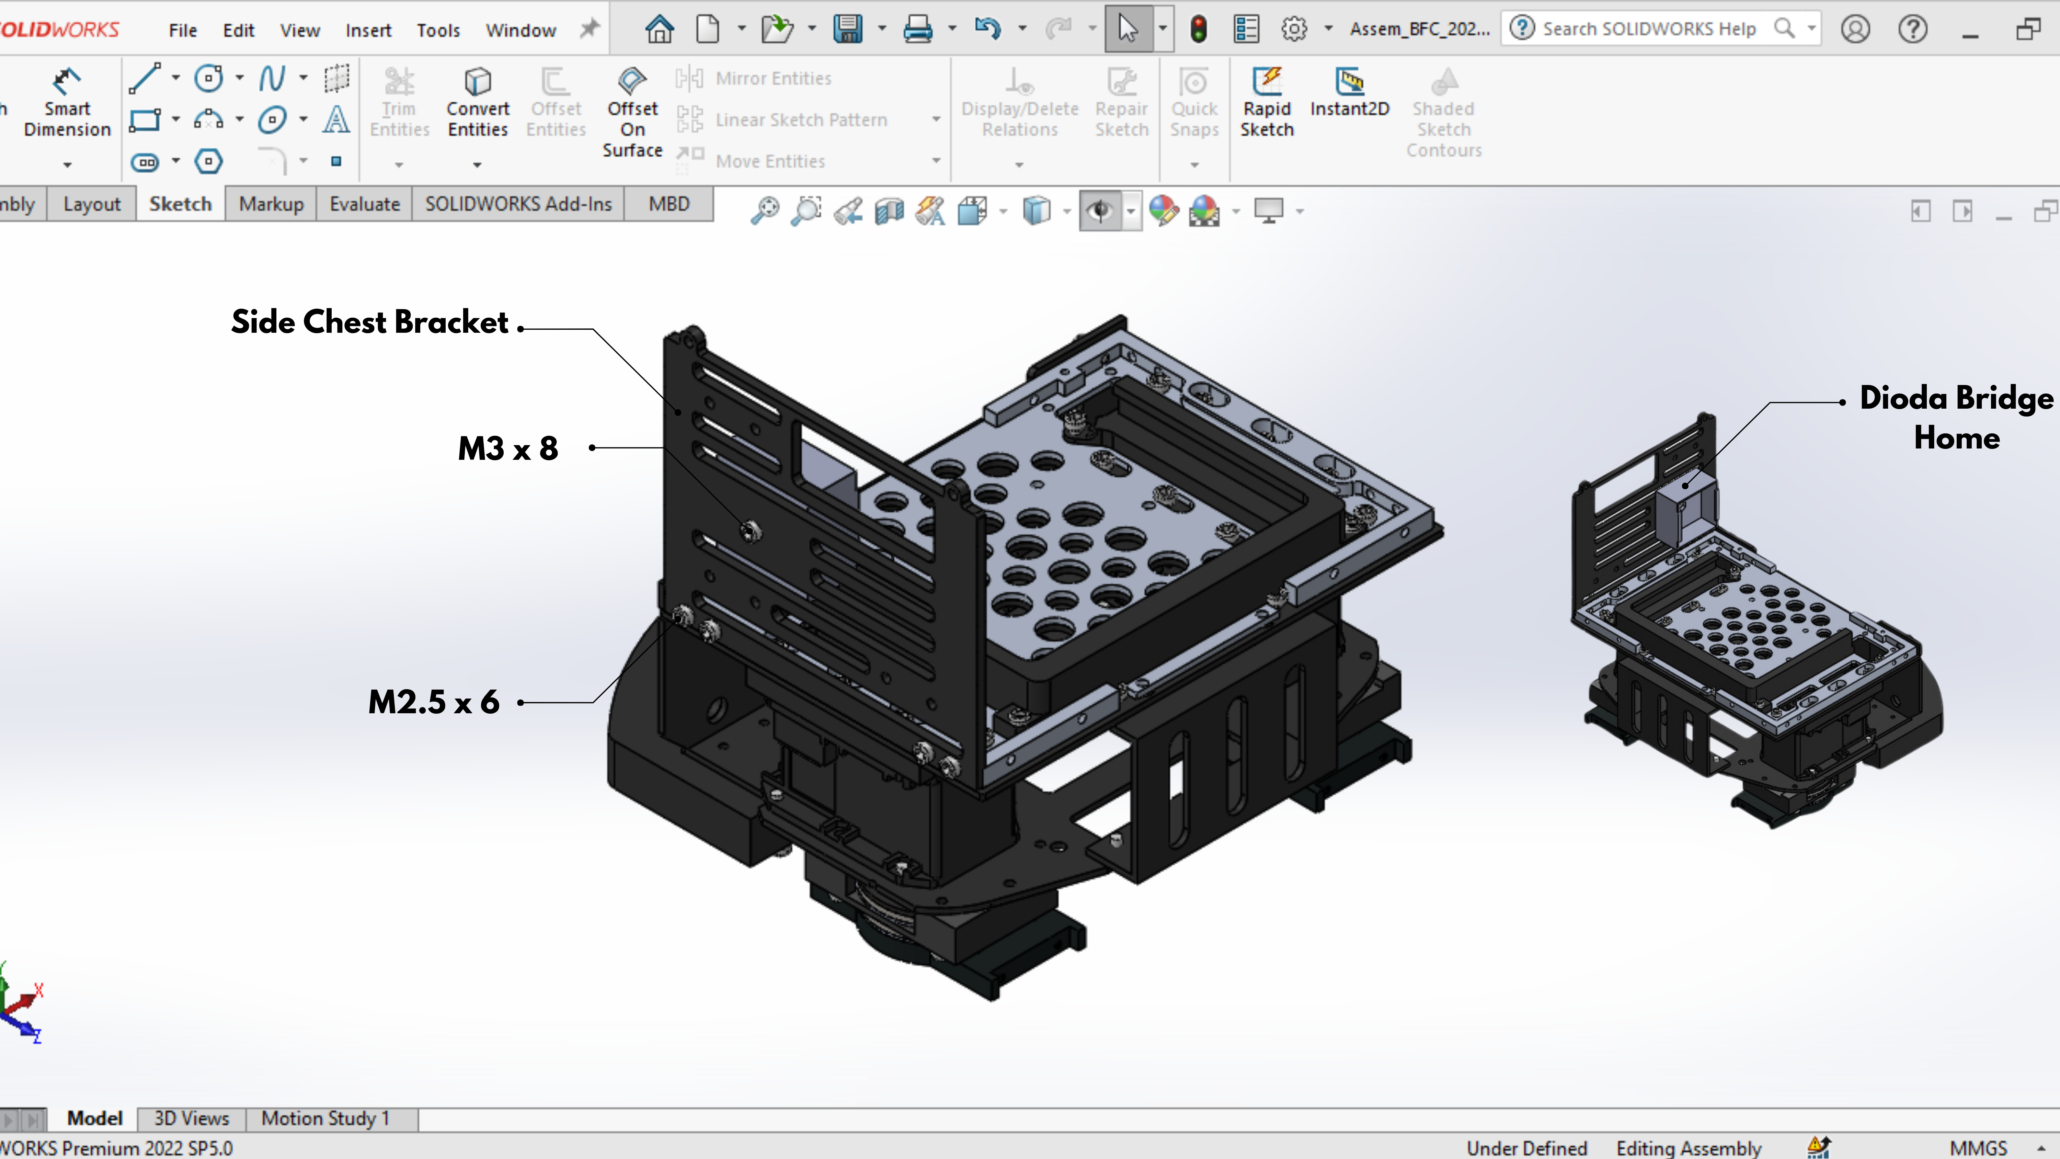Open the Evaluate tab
(x=365, y=204)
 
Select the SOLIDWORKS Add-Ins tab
(x=518, y=204)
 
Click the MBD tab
(x=668, y=204)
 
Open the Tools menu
(x=438, y=31)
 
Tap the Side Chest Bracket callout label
(x=369, y=321)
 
